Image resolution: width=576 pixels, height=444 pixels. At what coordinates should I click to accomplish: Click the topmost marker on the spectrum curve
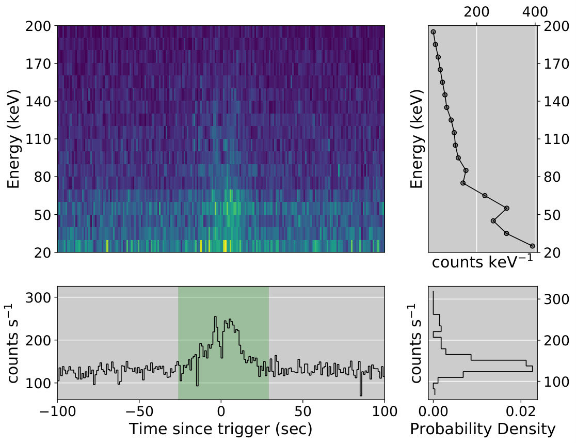tap(433, 32)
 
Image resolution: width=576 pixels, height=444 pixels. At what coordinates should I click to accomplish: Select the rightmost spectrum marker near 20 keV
tap(532, 246)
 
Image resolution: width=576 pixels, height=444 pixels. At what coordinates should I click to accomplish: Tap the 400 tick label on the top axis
tap(535, 12)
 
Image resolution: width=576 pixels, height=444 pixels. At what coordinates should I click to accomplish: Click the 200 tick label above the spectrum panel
tap(476, 12)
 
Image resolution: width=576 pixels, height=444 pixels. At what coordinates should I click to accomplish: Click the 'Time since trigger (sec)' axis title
tap(221, 429)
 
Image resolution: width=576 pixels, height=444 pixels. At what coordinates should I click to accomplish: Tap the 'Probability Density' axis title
tap(483, 429)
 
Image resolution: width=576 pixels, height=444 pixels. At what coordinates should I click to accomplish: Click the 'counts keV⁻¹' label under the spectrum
tap(483, 262)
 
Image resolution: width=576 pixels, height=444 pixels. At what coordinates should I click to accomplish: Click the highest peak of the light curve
tap(215, 317)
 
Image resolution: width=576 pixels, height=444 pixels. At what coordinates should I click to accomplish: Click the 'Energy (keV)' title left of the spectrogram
tap(13, 139)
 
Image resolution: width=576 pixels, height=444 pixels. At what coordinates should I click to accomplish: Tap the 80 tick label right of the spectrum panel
tap(551, 177)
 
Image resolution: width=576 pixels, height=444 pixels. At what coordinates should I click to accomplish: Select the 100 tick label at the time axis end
tap(384, 411)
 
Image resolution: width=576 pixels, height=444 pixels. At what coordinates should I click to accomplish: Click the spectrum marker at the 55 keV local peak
tap(506, 209)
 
